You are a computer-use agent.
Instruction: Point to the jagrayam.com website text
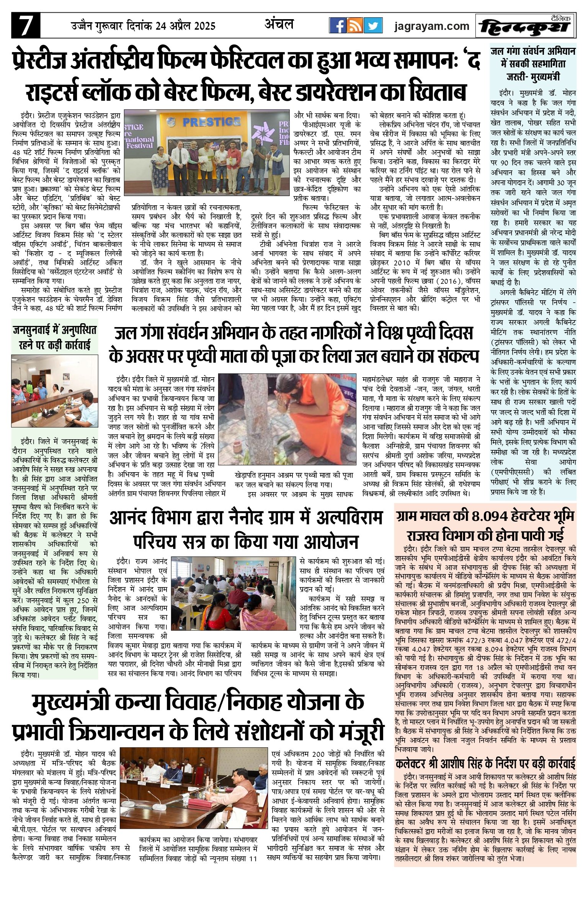point(431,26)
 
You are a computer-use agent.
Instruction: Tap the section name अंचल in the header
point(279,25)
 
